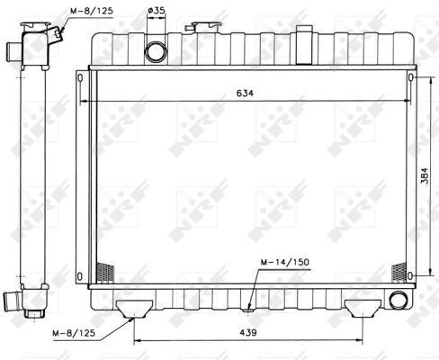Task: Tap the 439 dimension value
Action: (x=248, y=332)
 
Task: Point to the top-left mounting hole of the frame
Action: (x=82, y=78)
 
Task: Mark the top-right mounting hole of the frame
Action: (x=410, y=78)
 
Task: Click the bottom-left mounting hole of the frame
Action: (x=82, y=274)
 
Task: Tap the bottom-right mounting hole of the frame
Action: (x=410, y=274)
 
